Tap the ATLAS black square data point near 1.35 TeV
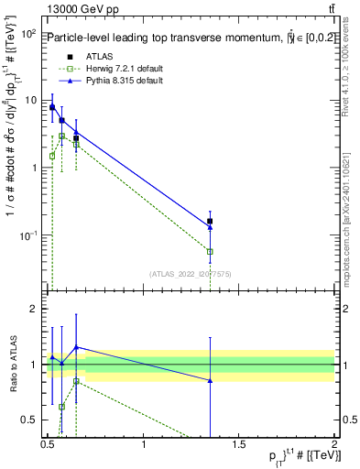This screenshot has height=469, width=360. (211, 221)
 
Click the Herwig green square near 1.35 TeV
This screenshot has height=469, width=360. (211, 251)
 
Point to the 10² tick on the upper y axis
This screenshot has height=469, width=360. (30, 34)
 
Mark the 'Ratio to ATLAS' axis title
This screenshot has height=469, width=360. (12, 365)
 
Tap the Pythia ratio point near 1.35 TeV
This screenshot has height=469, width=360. (211, 380)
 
